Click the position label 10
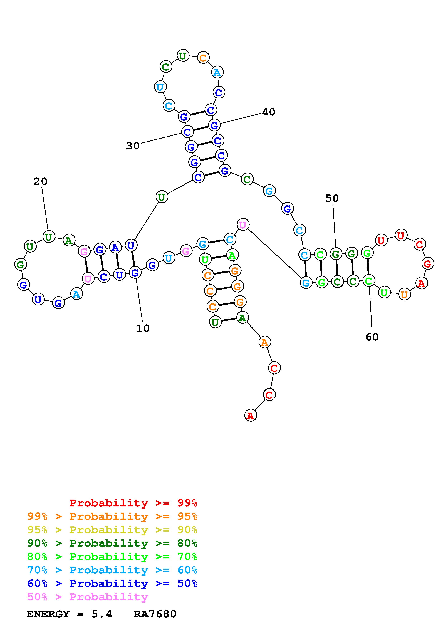click(143, 329)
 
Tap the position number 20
click(40, 182)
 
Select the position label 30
click(133, 146)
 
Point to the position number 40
click(269, 112)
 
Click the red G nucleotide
click(427, 263)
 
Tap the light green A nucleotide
click(232, 255)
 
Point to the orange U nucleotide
click(404, 294)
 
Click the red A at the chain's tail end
click(250, 415)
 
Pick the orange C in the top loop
click(203, 58)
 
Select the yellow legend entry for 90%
click(112, 530)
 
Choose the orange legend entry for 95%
click(112, 516)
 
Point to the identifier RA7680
click(155, 614)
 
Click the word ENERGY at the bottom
click(48, 614)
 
